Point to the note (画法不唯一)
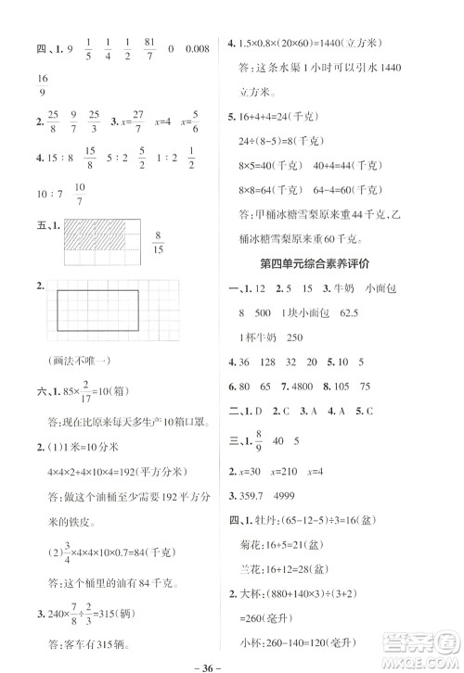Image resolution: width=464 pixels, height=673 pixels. point(70,363)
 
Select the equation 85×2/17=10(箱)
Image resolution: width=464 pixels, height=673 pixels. point(110,393)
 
